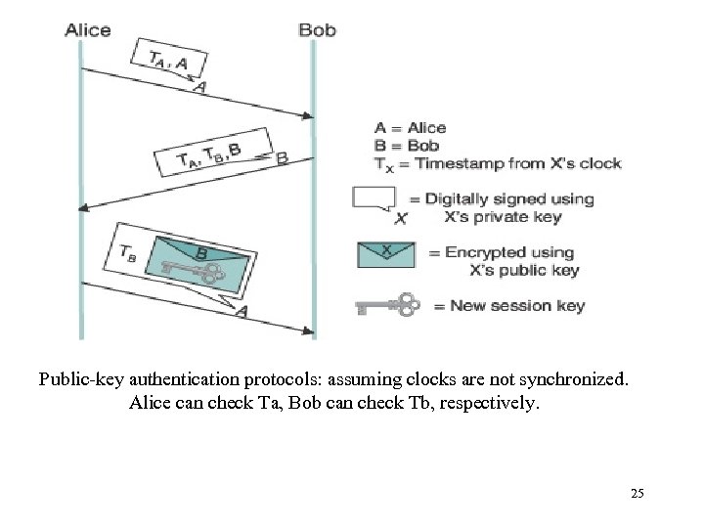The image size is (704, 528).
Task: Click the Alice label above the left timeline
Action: tap(87, 29)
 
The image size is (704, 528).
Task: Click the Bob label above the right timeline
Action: tap(317, 29)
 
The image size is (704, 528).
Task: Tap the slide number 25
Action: tap(638, 494)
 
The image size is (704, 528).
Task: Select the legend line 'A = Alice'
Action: tap(410, 127)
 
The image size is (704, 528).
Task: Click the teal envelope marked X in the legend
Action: tap(386, 254)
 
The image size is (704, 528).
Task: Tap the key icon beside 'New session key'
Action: tap(387, 306)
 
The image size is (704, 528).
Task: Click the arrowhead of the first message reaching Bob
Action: tap(309, 116)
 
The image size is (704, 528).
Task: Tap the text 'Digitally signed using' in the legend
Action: tap(508, 198)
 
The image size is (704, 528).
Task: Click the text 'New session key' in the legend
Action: tap(517, 306)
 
